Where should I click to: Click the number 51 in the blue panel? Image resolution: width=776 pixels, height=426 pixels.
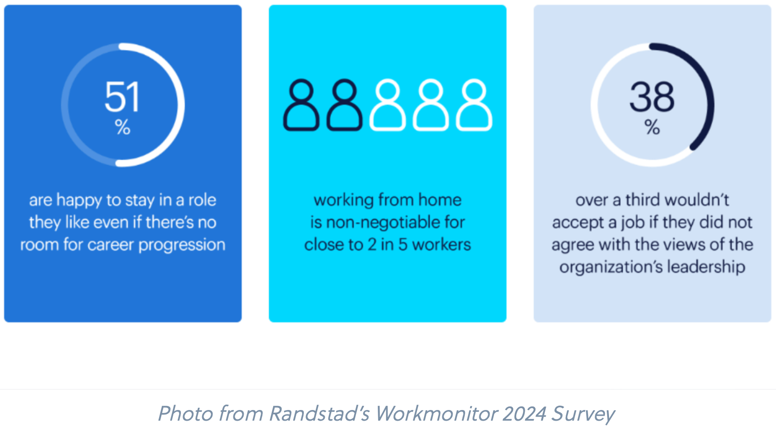tap(123, 97)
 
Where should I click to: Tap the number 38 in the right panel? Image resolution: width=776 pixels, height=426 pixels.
tap(652, 97)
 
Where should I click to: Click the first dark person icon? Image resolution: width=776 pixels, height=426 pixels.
tap(302, 105)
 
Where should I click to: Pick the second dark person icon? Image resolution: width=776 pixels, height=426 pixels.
tap(344, 105)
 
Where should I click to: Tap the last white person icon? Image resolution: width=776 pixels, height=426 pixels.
tap(474, 105)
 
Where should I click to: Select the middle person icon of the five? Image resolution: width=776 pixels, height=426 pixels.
tap(388, 105)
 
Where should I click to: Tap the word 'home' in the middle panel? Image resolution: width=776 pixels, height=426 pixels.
tap(440, 200)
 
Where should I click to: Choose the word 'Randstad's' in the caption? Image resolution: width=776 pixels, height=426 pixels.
tap(319, 414)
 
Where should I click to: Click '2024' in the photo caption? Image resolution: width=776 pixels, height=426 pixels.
tap(524, 414)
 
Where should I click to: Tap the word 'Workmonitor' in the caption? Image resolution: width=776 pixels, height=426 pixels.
tap(436, 414)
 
